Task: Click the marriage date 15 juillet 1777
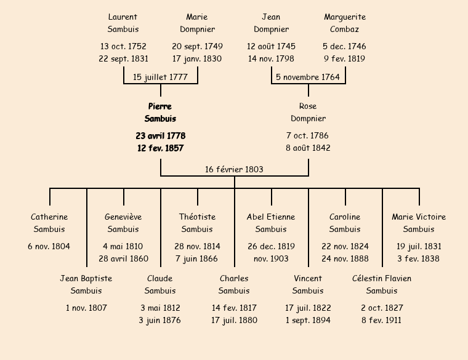[x=161, y=77]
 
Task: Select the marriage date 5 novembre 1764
[x=308, y=77]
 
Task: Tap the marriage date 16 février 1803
[x=234, y=169]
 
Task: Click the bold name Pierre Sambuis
[x=160, y=113]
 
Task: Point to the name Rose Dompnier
[x=308, y=113]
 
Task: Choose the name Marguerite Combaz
[x=345, y=23]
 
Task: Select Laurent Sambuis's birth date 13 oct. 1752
[x=123, y=46]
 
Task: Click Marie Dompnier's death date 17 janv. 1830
[x=197, y=59]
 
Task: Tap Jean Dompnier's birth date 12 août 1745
[x=271, y=46]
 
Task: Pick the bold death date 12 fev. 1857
[x=160, y=148]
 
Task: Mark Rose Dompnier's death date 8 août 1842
[x=308, y=148]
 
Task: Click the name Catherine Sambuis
[x=49, y=223]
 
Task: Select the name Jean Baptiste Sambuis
[x=86, y=285]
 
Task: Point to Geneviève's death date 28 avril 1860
[x=123, y=259]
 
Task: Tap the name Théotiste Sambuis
[x=197, y=223]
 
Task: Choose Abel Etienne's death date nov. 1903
[x=271, y=259]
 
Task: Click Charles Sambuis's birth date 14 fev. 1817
[x=234, y=308]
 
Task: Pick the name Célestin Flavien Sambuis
[x=382, y=285]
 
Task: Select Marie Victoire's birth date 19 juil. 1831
[x=419, y=246]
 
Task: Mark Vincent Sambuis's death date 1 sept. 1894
[x=308, y=321]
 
